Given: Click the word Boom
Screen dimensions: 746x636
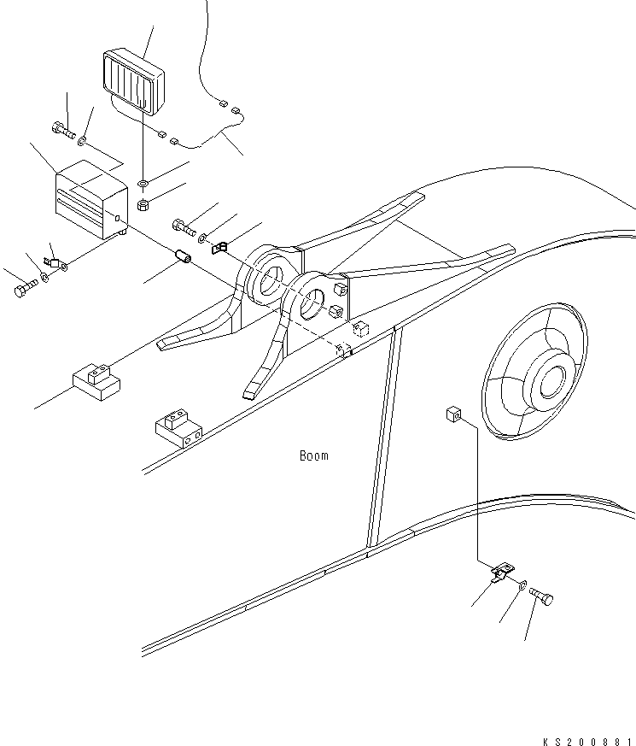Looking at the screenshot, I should tap(313, 455).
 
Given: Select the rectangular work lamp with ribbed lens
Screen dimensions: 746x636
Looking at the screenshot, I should tap(133, 81).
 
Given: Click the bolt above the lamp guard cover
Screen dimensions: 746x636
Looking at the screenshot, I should tap(62, 130).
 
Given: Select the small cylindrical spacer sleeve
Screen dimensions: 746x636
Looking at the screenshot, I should tap(182, 256).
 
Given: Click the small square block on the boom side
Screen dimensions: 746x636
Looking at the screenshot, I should tap(452, 414).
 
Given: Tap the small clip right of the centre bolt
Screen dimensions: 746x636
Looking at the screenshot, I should tap(218, 249).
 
